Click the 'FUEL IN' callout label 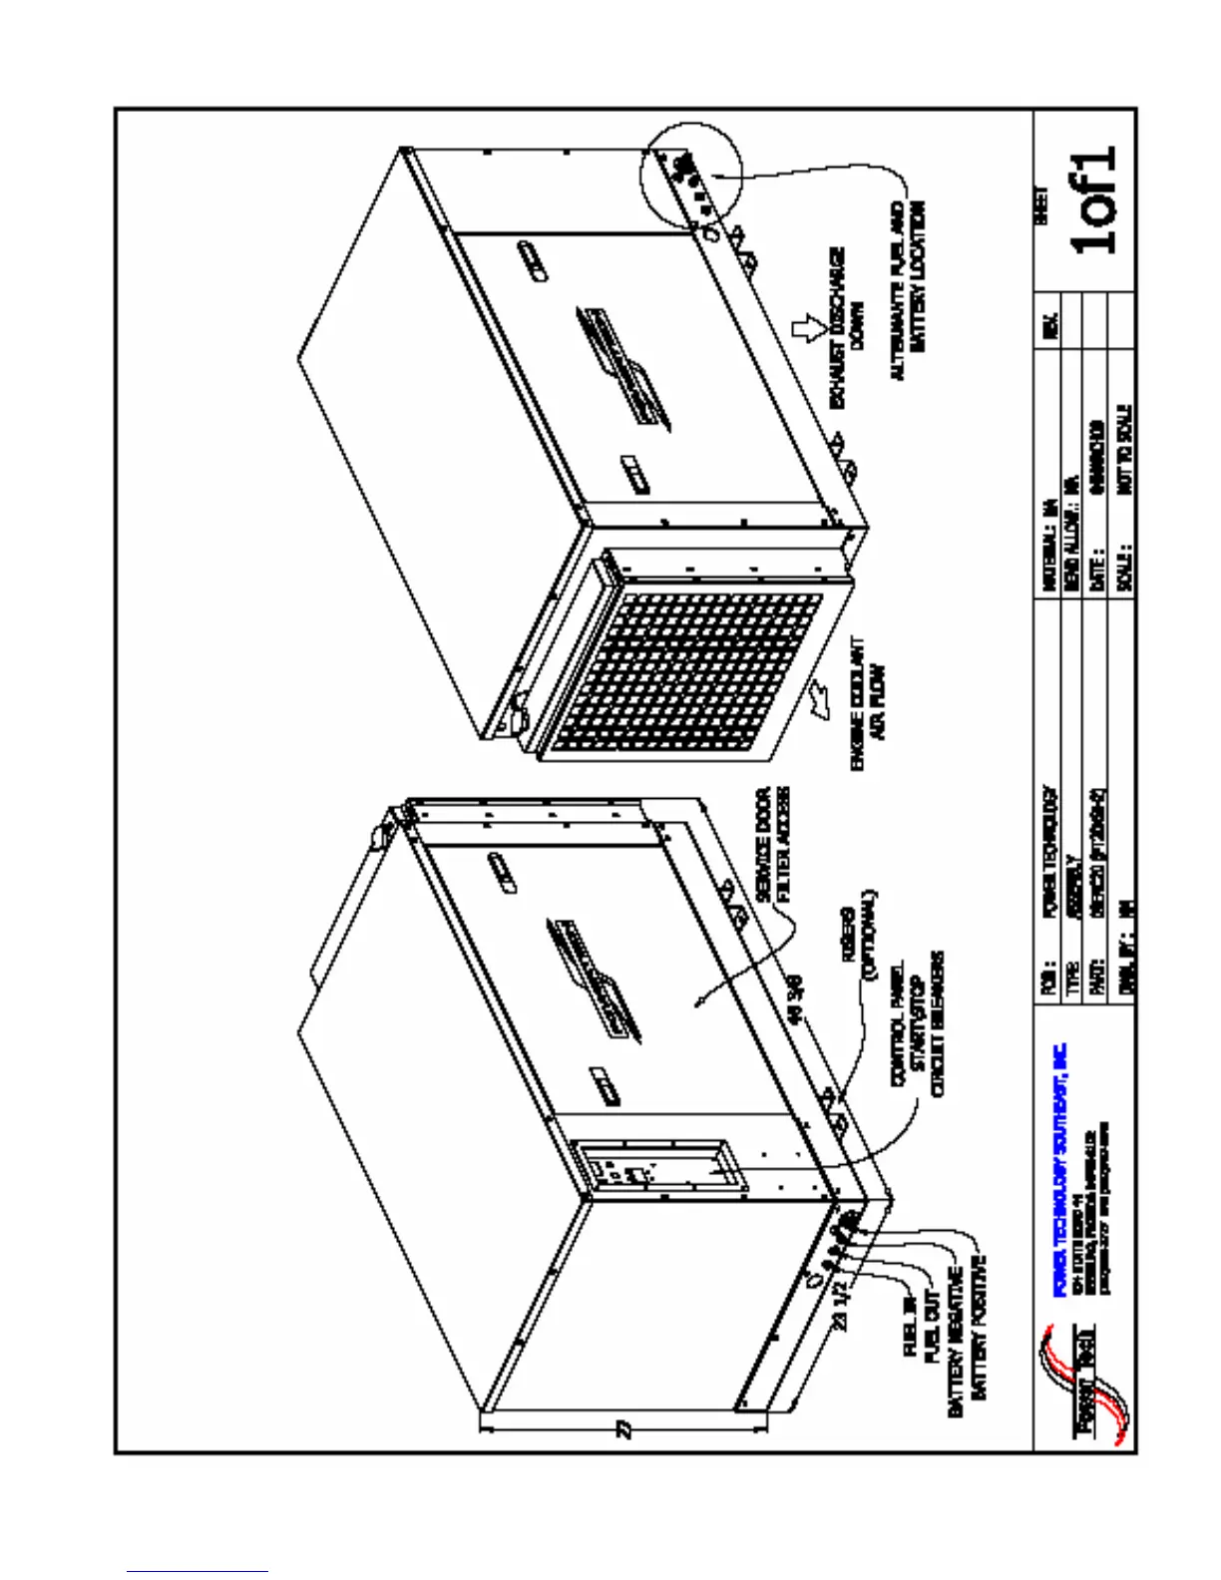point(910,1326)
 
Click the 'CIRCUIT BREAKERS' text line point(938,1023)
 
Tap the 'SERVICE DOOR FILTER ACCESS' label point(773,845)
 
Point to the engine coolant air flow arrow point(824,697)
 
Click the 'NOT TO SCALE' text point(1124,449)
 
